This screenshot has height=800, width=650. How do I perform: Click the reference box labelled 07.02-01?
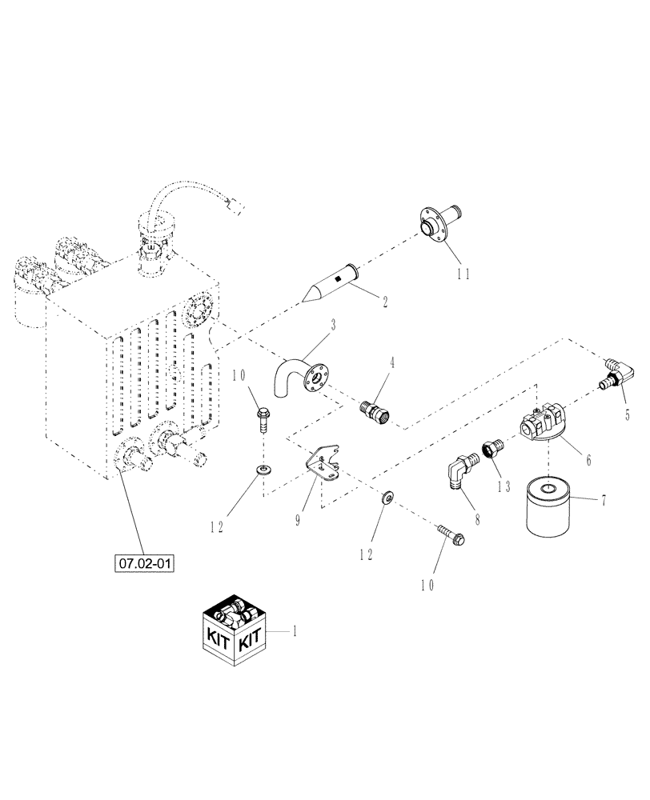[x=146, y=563]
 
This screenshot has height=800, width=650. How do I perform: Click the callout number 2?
[x=385, y=302]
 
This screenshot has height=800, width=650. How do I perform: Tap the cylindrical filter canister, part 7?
[x=550, y=509]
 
